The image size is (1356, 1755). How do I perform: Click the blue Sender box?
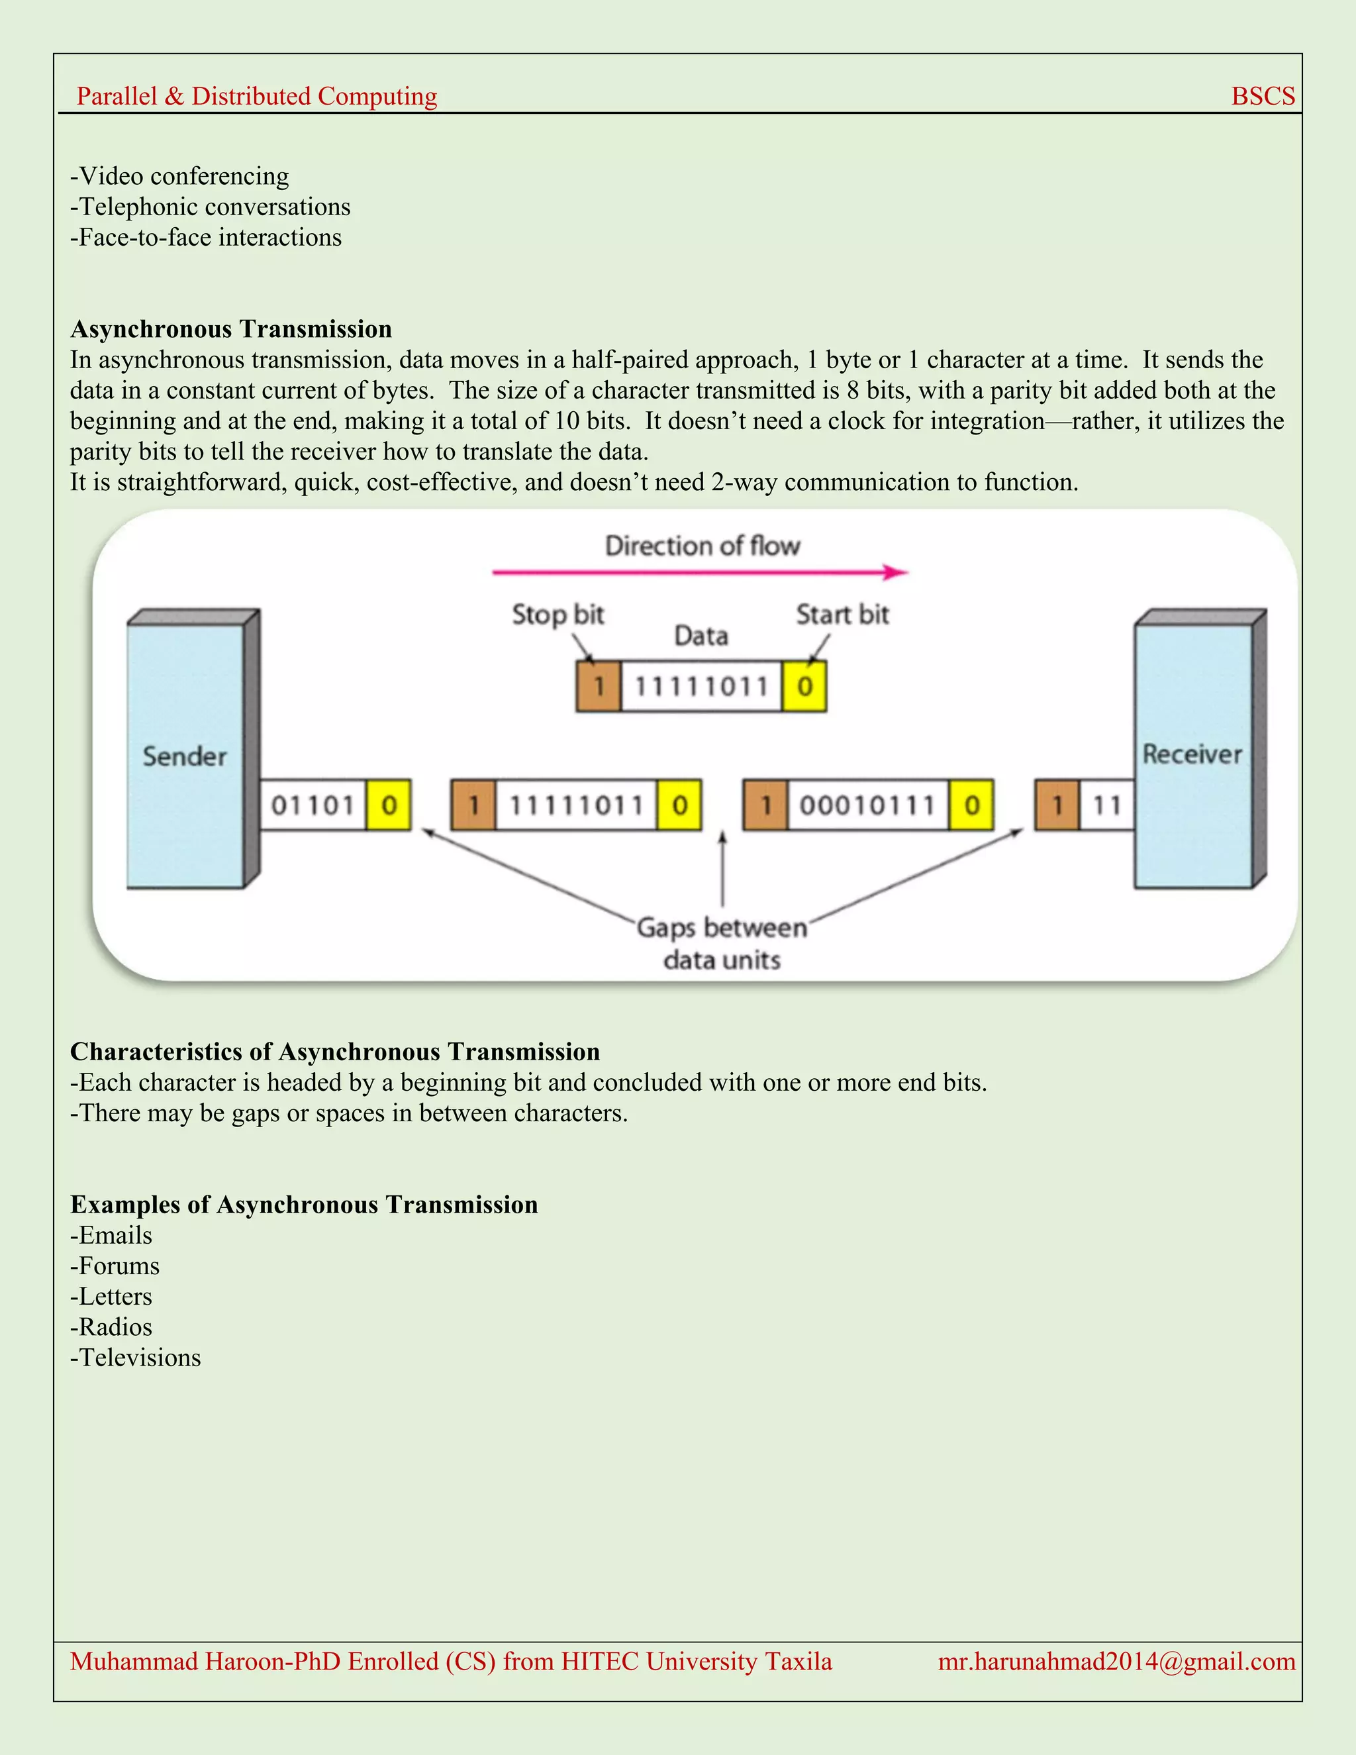(185, 756)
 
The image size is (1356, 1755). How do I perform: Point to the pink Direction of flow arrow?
(699, 572)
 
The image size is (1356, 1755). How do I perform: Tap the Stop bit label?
(557, 615)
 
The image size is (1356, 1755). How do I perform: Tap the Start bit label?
(842, 615)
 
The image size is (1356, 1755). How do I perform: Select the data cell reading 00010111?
(867, 805)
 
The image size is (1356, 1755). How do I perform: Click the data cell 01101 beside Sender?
(313, 805)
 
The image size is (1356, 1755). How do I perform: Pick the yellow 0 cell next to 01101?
(389, 805)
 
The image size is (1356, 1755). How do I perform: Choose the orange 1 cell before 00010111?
(765, 805)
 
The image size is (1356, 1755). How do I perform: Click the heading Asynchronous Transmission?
(231, 329)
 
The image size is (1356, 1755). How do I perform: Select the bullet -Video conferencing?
(180, 176)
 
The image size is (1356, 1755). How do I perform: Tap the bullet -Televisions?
(136, 1357)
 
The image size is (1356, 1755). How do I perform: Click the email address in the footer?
(1116, 1661)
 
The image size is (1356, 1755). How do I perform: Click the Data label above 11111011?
(701, 636)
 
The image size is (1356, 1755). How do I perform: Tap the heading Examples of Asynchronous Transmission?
(304, 1205)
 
